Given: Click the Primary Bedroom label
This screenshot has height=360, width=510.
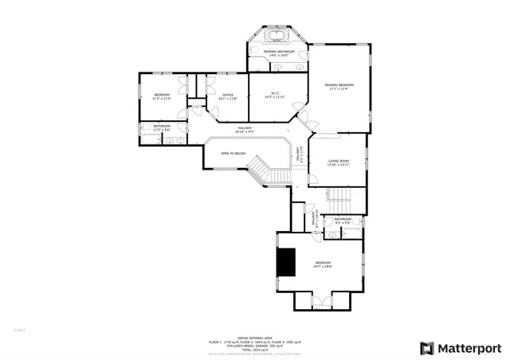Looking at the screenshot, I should pos(339,84).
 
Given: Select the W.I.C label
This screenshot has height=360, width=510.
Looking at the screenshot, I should pos(274,93).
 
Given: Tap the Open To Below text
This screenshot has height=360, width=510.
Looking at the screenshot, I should pos(233,153).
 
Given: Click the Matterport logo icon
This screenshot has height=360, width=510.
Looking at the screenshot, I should pos(427,348).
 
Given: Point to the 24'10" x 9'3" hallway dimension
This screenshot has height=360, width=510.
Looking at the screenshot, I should pos(245,131).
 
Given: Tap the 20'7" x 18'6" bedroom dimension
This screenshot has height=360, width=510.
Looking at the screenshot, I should pos(323,267).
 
